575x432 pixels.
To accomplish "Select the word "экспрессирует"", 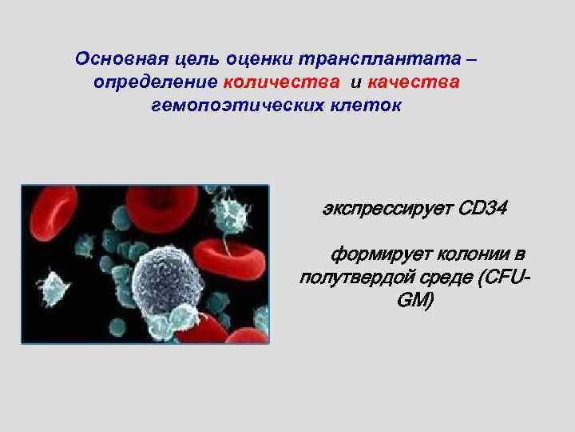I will pyautogui.click(x=387, y=210).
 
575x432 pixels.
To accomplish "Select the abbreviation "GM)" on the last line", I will pyautogui.click(x=414, y=301).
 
